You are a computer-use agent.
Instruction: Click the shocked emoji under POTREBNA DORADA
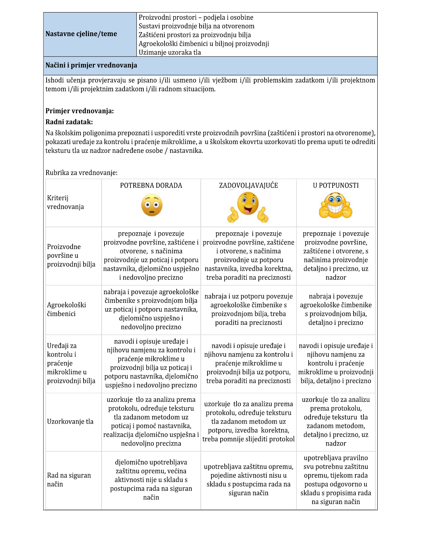tap(152, 205)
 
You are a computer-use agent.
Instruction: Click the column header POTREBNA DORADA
tap(151, 185)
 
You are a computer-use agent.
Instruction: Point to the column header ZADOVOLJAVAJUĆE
tap(248, 185)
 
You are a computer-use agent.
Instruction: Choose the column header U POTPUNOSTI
tap(336, 185)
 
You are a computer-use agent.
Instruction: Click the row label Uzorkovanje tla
tap(70, 421)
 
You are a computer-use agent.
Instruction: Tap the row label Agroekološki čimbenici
tap(67, 309)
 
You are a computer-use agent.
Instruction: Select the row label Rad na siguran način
tap(69, 479)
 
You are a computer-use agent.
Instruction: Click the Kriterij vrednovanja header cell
tap(65, 202)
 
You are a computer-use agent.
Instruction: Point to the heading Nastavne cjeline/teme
tap(81, 34)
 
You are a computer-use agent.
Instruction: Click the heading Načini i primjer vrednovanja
tap(91, 65)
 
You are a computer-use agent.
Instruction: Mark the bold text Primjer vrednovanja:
tap(80, 111)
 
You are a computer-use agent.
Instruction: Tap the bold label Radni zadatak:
tap(69, 122)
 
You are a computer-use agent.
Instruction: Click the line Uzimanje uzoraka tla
tap(170, 52)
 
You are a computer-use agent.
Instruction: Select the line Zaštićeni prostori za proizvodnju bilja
tap(195, 35)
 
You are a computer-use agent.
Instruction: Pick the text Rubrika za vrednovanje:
tap(81, 173)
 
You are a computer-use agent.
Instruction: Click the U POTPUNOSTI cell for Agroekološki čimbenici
tap(336, 309)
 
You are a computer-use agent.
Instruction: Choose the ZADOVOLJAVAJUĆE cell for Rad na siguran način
tap(248, 479)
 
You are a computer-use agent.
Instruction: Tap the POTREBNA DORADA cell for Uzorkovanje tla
tap(151, 421)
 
